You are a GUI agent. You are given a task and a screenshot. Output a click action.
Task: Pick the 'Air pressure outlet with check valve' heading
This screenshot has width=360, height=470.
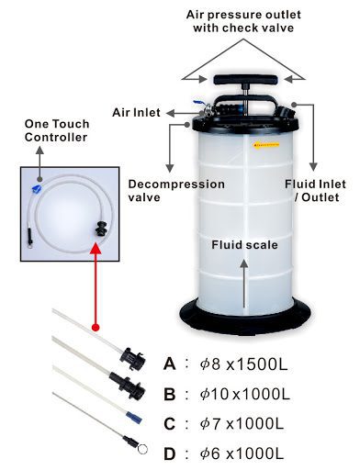(242, 21)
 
